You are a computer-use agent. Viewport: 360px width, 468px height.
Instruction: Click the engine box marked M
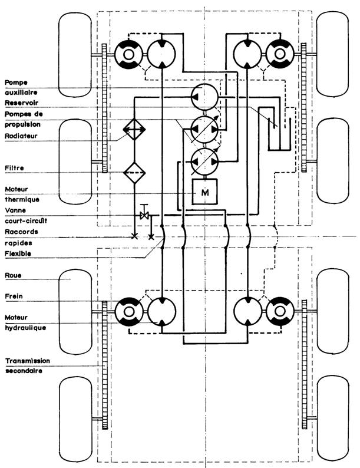(205, 191)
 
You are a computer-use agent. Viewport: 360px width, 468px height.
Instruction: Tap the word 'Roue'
(12, 275)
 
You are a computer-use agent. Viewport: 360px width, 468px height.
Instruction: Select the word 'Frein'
(14, 296)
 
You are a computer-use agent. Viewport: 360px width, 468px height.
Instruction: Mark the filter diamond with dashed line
(135, 173)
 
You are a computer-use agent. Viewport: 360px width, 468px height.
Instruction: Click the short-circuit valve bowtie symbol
(143, 216)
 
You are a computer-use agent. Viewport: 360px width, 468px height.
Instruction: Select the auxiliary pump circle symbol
(204, 94)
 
